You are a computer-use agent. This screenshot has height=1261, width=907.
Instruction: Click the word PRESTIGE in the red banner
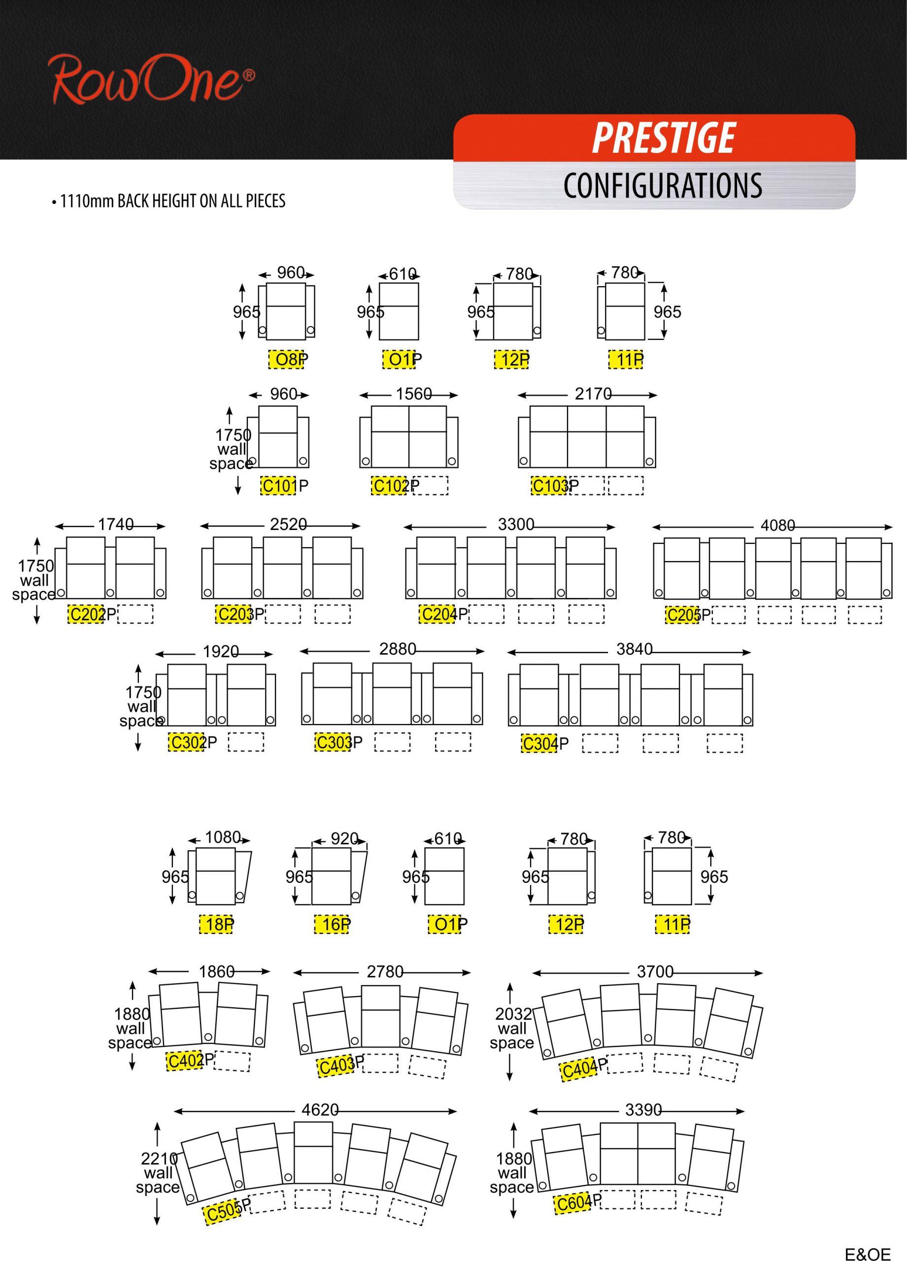click(x=664, y=138)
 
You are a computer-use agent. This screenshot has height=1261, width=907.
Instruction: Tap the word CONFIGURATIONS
click(x=662, y=186)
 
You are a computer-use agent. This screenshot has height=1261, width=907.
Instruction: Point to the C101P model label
click(x=284, y=486)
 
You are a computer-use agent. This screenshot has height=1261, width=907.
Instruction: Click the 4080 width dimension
click(x=777, y=526)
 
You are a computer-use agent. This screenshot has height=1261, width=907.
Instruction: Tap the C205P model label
click(x=688, y=615)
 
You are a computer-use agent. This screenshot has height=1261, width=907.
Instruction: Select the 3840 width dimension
click(x=634, y=649)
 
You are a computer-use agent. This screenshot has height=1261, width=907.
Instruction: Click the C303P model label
click(x=338, y=742)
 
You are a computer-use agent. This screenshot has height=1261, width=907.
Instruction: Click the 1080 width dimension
click(x=223, y=837)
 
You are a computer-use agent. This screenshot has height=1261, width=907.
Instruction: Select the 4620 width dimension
click(x=320, y=1110)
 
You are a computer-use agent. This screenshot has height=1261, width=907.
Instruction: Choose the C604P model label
click(x=578, y=1202)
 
